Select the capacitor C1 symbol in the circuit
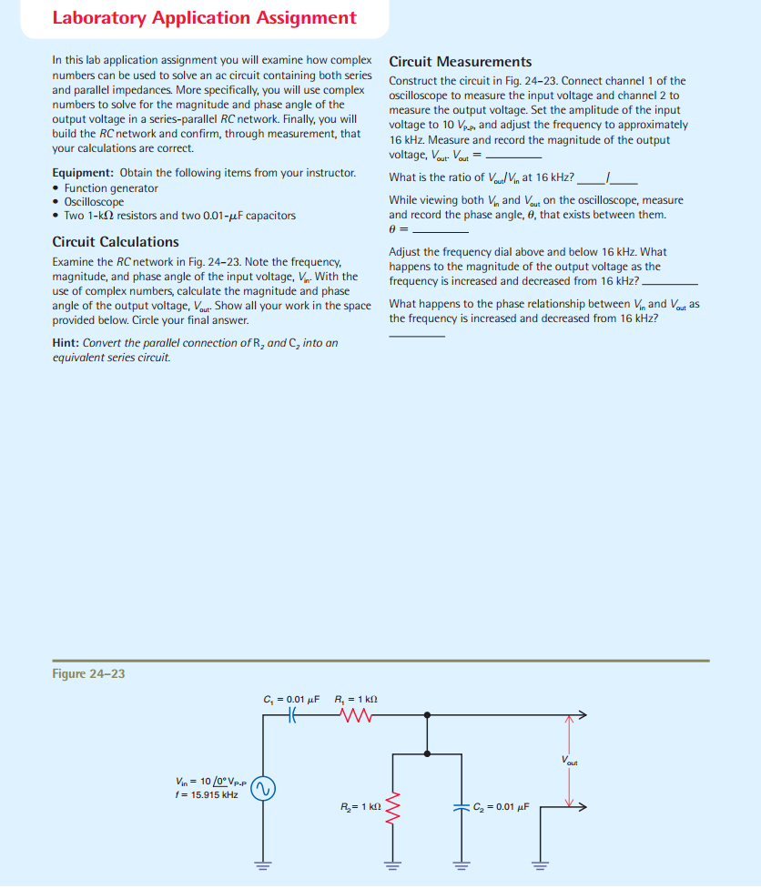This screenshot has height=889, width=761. [292, 717]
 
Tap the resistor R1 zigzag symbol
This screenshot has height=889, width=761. [350, 717]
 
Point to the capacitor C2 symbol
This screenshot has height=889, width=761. [459, 806]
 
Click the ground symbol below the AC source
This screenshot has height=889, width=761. [265, 864]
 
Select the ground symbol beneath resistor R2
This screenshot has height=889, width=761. [392, 864]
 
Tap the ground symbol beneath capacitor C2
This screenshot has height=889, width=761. [459, 864]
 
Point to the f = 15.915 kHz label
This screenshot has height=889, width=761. [208, 794]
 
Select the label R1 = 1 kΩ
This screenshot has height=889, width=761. [356, 698]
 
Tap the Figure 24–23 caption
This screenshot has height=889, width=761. [88, 674]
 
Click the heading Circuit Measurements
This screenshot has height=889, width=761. [460, 62]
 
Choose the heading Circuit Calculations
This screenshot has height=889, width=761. [116, 242]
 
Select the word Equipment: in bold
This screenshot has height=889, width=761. [83, 173]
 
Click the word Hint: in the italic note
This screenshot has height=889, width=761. [68, 343]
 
